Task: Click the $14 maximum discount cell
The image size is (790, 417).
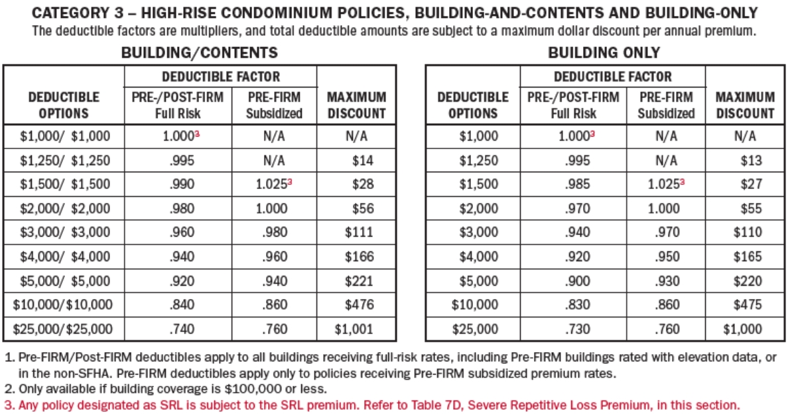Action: tap(362, 160)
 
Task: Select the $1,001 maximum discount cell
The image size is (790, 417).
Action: tap(354, 328)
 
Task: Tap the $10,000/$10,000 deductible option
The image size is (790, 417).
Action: tap(64, 305)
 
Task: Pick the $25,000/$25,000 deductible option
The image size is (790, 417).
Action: tap(64, 328)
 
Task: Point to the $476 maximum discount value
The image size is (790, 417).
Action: tap(359, 305)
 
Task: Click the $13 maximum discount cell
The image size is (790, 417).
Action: tap(752, 160)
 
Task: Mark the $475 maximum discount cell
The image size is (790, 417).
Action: tap(748, 305)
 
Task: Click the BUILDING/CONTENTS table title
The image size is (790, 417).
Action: tap(199, 53)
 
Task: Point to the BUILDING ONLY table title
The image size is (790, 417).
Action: tap(604, 53)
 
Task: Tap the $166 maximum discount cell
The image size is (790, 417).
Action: tap(359, 257)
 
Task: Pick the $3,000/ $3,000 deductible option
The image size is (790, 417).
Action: tap(64, 233)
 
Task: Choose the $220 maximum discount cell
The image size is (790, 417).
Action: tap(748, 280)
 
